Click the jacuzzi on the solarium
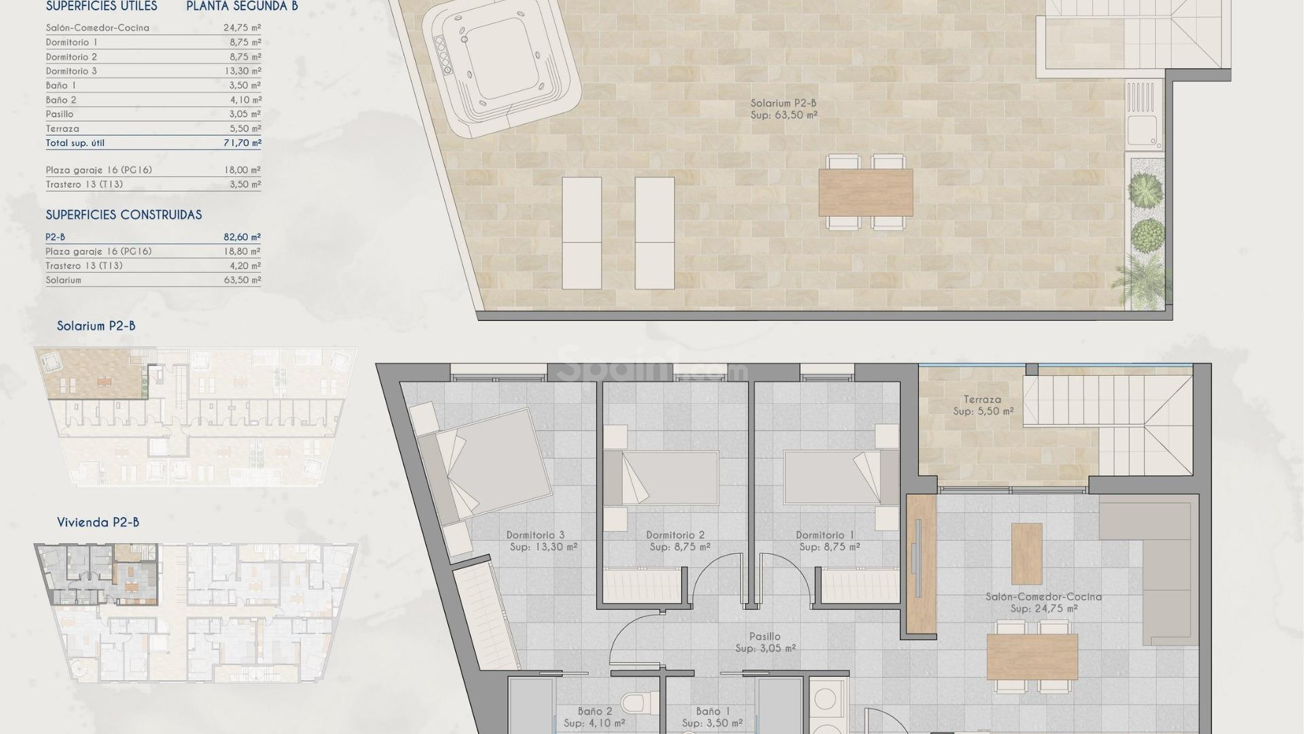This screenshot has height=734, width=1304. tap(501, 65)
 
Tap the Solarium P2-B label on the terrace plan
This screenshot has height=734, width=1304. tap(783, 103)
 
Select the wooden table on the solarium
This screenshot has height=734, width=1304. tap(865, 192)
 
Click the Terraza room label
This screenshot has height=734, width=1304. tap(982, 400)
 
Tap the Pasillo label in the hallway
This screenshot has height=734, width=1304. tap(765, 637)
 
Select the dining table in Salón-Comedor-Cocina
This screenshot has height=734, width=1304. tap(1032, 657)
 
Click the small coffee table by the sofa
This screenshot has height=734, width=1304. tap(1026, 553)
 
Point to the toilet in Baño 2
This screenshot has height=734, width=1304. tap(636, 700)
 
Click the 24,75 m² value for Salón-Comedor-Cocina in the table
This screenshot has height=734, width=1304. tap(242, 28)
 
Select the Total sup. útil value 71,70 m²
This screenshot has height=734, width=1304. tap(242, 143)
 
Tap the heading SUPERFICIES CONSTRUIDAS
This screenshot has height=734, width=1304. tap(124, 215)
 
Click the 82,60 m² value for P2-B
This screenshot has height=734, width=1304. tap(242, 237)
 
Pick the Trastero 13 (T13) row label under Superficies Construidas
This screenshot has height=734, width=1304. tap(84, 266)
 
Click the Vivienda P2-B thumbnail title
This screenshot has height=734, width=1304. tap(98, 523)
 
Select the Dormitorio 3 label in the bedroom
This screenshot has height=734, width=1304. tap(535, 535)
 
